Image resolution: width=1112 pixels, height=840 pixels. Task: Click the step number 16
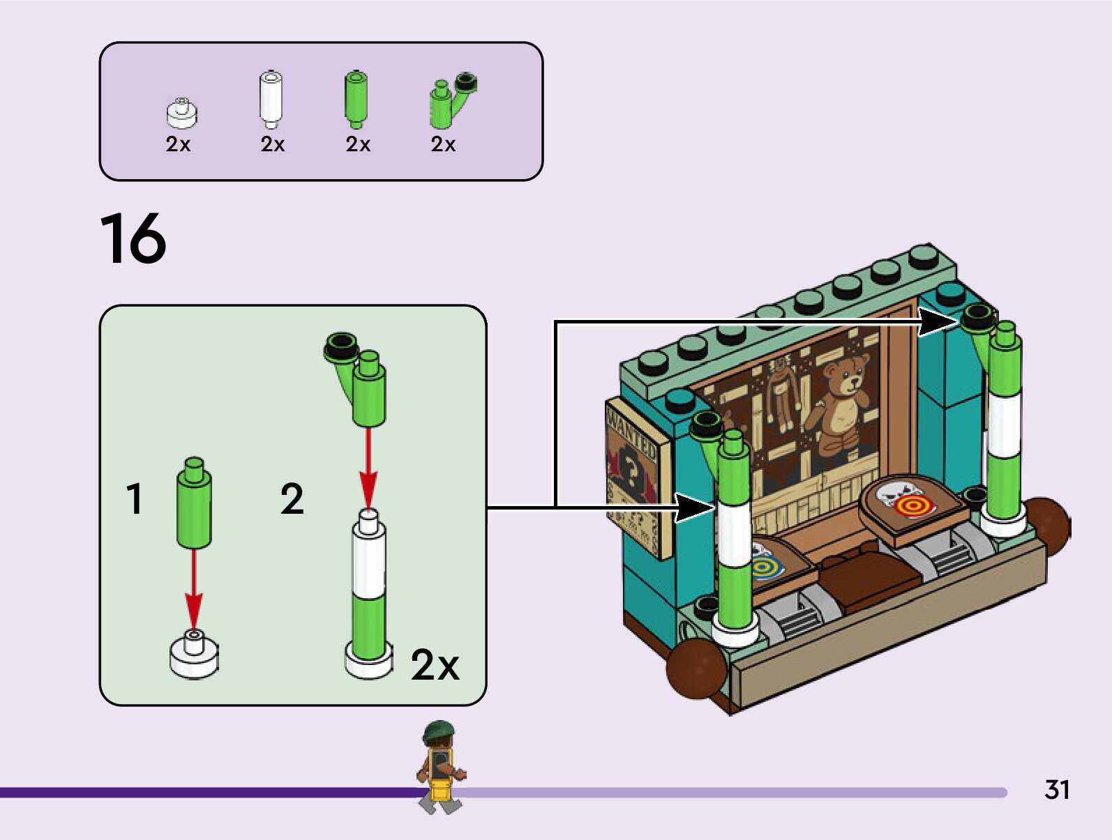[133, 239]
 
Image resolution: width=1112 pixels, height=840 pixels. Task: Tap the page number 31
[1057, 790]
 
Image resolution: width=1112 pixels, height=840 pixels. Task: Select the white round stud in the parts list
[182, 114]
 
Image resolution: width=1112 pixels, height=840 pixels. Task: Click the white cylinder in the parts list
[271, 99]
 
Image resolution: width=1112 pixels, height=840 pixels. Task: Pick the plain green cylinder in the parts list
[356, 99]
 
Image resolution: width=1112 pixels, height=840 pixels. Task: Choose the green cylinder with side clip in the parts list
[446, 103]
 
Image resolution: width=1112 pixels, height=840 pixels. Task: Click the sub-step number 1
[135, 499]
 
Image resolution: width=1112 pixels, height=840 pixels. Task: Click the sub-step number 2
[292, 499]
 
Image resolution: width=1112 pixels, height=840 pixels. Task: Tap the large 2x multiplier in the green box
[435, 665]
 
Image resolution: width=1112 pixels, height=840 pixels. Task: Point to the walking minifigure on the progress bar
[439, 767]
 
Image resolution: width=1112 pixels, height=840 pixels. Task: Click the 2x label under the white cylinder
[273, 144]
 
